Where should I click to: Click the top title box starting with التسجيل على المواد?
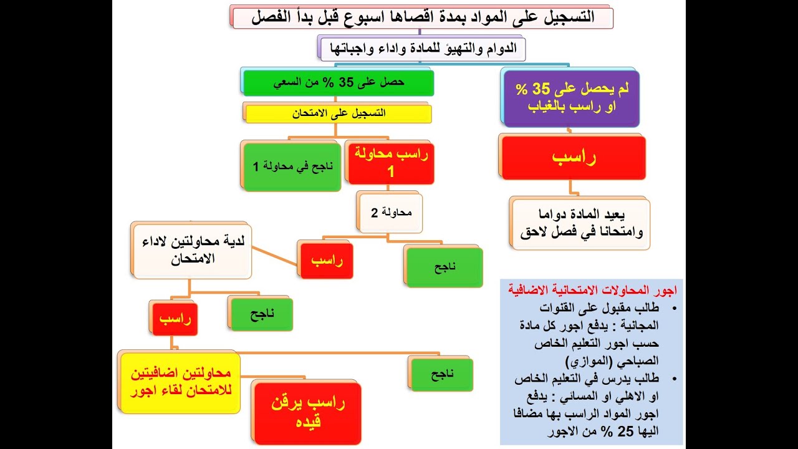click(422, 17)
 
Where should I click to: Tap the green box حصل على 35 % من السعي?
click(338, 82)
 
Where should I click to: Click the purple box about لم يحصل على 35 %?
click(571, 98)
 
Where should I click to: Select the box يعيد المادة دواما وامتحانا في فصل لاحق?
click(580, 224)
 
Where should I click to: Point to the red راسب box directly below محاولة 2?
click(327, 260)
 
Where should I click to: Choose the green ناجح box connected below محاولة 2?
click(445, 267)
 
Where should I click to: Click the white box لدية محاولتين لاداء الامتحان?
click(192, 251)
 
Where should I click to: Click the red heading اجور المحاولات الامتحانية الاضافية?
click(592, 290)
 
